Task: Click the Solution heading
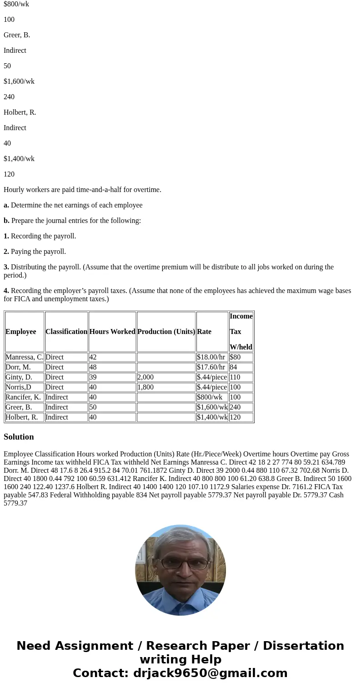[19, 437]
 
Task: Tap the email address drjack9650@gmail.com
[210, 673]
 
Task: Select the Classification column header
[66, 332]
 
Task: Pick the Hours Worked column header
[112, 332]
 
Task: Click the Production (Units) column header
[166, 332]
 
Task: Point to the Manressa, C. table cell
[24, 357]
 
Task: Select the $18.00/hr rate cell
[211, 357]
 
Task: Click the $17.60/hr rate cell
[211, 367]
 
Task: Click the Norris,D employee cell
[18, 387]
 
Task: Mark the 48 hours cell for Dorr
[93, 367]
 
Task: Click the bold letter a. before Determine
[6, 205]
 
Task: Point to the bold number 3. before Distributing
[6, 267]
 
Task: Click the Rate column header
[204, 332]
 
